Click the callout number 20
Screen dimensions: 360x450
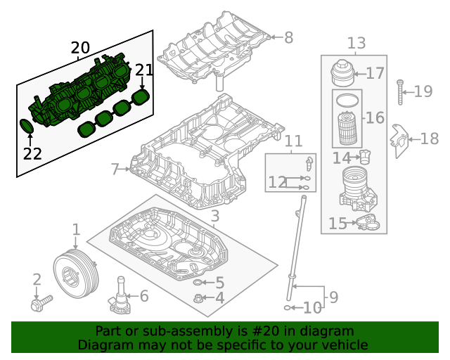coord(80,48)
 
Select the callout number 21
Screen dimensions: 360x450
coord(143,70)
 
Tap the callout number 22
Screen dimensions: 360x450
coord(32,153)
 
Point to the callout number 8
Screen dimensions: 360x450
coord(288,37)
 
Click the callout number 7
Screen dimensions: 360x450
coord(115,169)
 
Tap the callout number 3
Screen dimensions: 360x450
coord(215,215)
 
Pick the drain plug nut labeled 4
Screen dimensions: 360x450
coord(198,298)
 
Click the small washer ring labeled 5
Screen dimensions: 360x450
coord(198,283)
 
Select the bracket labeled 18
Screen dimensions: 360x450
coord(399,140)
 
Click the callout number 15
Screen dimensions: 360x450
coord(337,224)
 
